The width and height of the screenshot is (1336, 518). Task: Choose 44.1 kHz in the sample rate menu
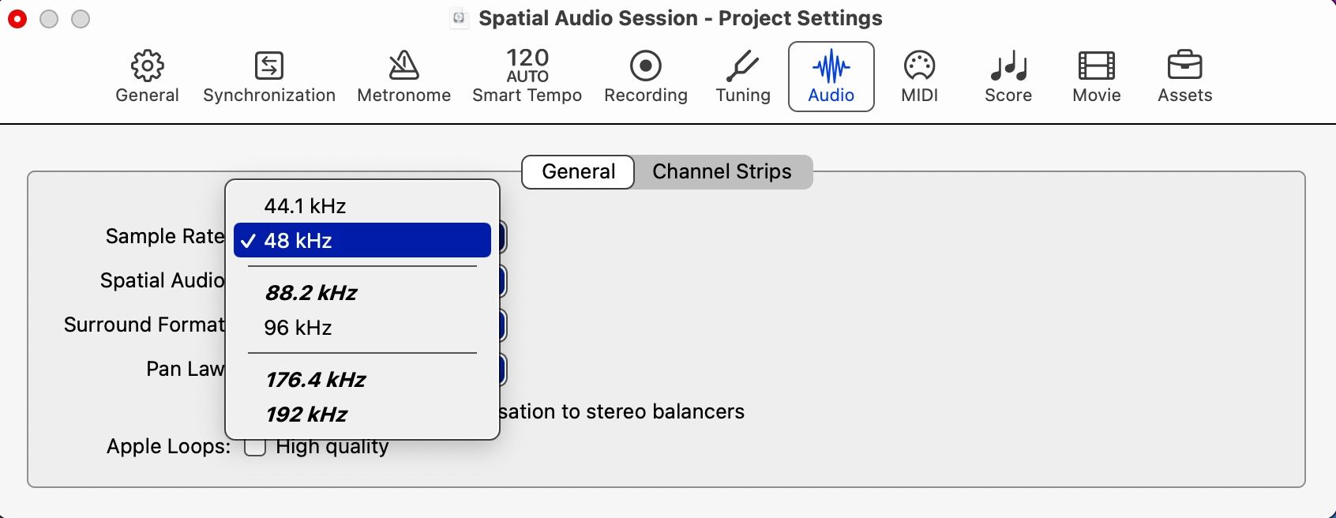click(305, 206)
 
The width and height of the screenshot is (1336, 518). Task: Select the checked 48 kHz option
click(362, 241)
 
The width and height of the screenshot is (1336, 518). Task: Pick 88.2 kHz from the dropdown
click(311, 293)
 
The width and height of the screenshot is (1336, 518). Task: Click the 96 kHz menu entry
click(298, 328)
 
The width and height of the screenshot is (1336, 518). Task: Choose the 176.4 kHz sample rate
click(315, 380)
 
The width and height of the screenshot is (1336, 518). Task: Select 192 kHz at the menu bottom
click(306, 415)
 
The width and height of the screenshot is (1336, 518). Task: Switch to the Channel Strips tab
click(722, 171)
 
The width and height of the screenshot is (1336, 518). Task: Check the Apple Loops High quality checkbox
click(255, 447)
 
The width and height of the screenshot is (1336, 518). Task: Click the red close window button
click(17, 19)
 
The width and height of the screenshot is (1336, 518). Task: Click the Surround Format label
click(144, 325)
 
